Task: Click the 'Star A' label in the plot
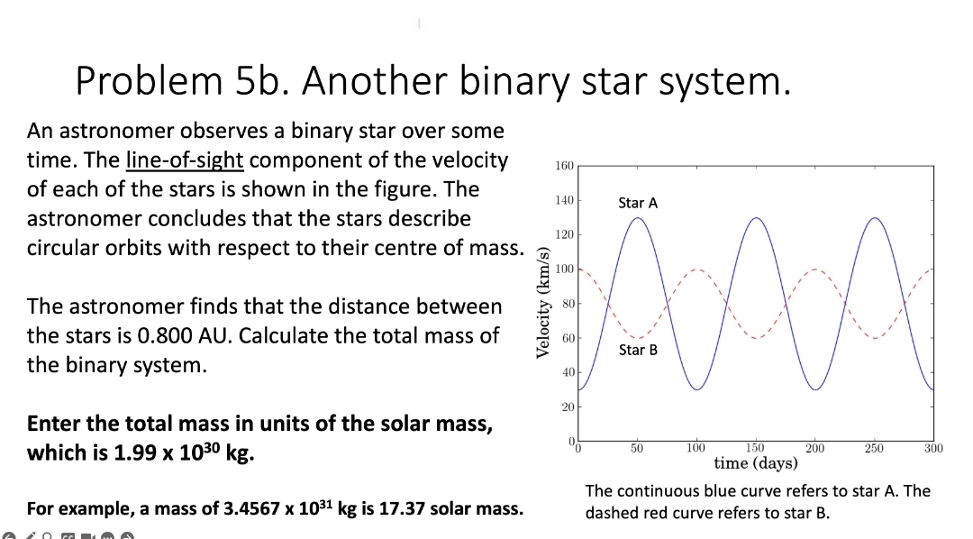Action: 638,203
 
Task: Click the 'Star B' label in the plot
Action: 638,350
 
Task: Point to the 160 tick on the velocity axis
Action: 564,166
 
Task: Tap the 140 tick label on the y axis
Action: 564,201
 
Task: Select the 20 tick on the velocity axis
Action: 567,407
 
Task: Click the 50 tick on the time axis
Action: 637,448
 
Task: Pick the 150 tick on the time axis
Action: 755,448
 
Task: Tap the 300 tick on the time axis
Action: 933,448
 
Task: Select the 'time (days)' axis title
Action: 755,463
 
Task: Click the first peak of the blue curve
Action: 638,218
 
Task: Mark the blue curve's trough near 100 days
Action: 696,389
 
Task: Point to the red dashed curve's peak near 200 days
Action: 814,269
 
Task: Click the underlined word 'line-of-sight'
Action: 185,160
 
